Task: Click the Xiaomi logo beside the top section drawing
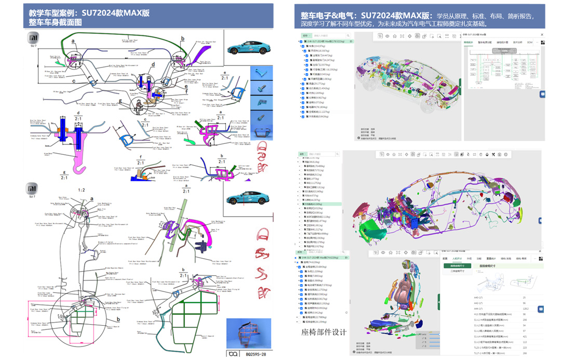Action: click(32, 39)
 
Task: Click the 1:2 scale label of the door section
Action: click(82, 190)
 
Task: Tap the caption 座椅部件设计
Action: click(324, 332)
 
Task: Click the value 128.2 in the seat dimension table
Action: click(526, 309)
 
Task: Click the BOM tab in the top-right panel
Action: click(530, 42)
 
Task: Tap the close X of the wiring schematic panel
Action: click(542, 35)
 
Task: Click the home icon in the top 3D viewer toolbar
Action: click(395, 36)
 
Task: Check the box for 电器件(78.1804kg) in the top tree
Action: click(303, 107)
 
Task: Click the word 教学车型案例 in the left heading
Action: click(51, 13)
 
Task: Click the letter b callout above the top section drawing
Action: click(183, 38)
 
